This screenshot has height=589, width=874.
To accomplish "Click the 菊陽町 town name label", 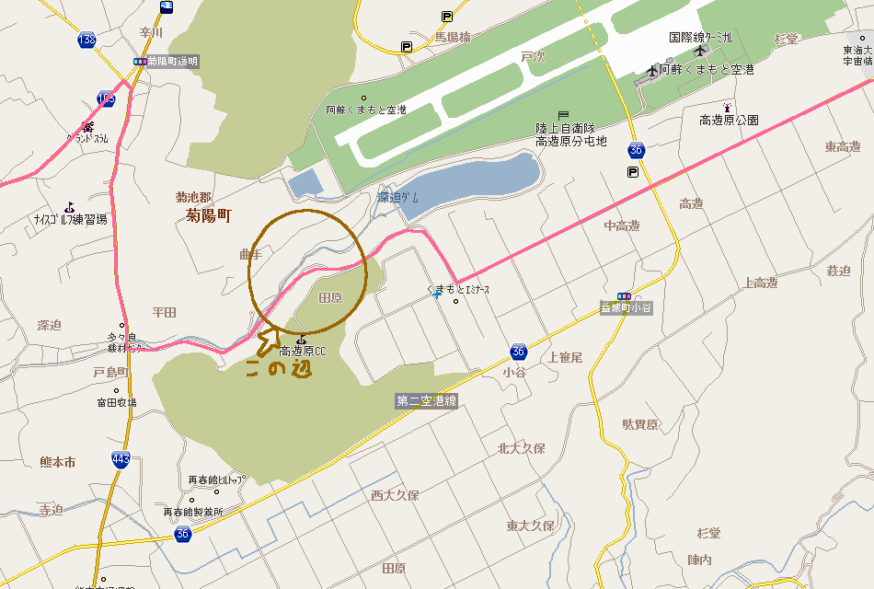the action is (209, 216).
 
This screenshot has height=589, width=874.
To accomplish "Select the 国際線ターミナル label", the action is (701, 38).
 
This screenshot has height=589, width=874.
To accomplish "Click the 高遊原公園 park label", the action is (729, 121).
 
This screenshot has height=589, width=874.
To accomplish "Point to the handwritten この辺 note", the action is (278, 369).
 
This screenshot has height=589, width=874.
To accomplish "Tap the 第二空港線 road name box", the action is (426, 401).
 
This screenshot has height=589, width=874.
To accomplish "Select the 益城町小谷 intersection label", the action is (626, 308).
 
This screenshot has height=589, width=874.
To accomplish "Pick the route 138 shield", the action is (87, 40).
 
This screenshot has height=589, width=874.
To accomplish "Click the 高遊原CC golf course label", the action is (303, 351).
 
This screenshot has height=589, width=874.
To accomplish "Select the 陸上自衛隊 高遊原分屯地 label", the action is (571, 134).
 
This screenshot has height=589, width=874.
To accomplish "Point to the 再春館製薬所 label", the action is (193, 512).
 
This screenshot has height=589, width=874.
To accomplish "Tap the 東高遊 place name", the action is (842, 147).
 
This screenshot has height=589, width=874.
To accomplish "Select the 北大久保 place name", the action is (522, 449).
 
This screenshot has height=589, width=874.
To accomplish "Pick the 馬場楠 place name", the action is (453, 38).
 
